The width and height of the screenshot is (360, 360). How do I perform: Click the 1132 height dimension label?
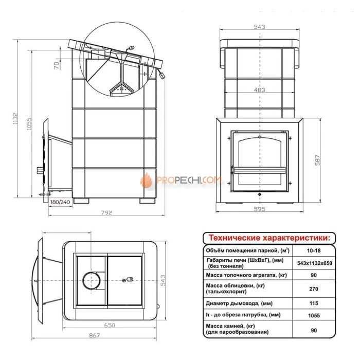point(15,118)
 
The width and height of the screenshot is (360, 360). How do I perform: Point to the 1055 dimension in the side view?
point(29,124)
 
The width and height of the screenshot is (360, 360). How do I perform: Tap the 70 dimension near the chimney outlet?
point(57,65)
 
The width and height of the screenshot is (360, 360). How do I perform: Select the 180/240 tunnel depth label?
point(60,202)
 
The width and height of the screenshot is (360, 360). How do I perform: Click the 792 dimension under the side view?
point(107,212)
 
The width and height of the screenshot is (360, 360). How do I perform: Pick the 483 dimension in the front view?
point(259,90)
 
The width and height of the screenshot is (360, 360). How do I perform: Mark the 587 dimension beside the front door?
point(317,160)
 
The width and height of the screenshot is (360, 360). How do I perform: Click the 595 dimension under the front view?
point(259,209)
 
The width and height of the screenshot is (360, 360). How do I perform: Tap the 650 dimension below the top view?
point(110,325)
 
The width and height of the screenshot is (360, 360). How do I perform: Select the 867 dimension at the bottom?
point(94,335)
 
